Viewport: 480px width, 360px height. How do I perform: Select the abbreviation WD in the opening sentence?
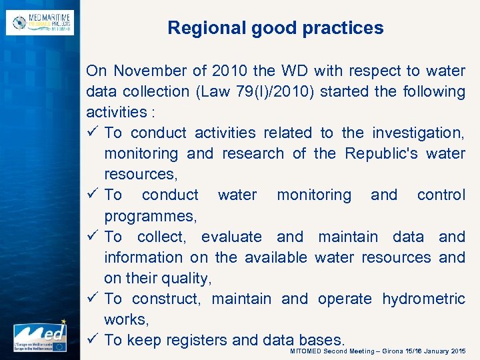pos(289,71)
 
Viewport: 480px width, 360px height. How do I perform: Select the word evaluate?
pos(231,237)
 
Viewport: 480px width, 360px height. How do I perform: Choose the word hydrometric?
pos(423,299)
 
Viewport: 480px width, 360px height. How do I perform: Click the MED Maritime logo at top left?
pos(40,23)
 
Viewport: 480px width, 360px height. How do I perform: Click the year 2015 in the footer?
pos(458,351)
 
